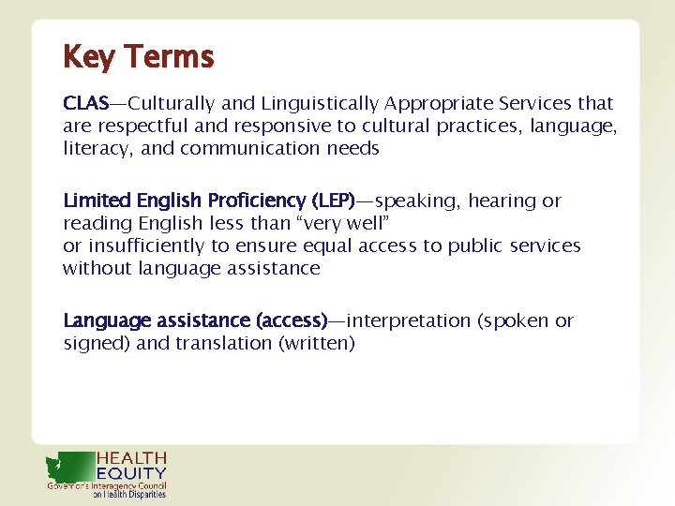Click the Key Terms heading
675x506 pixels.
(x=138, y=57)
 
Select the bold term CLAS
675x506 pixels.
(x=85, y=103)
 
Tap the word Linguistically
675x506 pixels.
(x=313, y=103)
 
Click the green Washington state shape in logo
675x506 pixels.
(x=70, y=466)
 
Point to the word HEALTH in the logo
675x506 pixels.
(x=132, y=458)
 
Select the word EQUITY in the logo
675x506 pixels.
(x=132, y=474)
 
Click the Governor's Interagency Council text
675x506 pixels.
(x=107, y=486)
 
